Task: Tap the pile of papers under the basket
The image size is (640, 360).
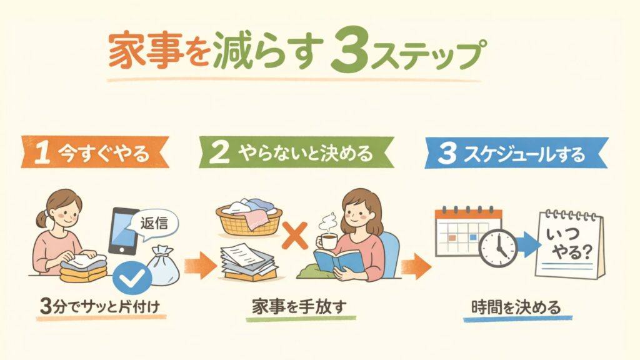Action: (248, 262)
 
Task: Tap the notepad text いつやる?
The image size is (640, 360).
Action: (570, 244)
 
